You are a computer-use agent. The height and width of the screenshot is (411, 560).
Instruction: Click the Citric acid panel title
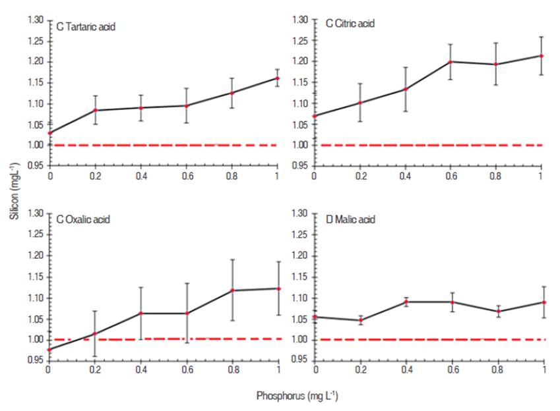350,24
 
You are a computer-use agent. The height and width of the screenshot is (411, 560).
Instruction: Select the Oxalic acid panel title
83,219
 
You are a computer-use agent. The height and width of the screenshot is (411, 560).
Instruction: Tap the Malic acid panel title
350,219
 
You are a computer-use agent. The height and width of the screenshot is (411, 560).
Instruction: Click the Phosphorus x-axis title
297,396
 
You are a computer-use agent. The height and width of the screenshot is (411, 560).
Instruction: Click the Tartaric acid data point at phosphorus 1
277,78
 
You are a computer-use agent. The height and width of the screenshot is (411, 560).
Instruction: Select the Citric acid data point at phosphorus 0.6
451,62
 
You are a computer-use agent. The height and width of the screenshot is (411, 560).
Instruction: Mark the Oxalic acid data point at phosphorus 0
49,349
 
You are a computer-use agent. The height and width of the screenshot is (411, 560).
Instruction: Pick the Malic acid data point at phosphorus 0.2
361,320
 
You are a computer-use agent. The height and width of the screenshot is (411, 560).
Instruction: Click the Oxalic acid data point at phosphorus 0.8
232,290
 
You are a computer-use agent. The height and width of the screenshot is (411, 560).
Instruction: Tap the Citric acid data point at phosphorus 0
315,116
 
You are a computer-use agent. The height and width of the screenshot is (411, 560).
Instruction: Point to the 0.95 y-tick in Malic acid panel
300,360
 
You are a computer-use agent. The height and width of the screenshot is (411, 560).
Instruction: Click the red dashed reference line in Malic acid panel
429,339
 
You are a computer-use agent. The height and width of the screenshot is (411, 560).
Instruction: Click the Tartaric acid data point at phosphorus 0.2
95,110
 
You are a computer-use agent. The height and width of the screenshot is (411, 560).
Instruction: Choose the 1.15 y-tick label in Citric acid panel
300,82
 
